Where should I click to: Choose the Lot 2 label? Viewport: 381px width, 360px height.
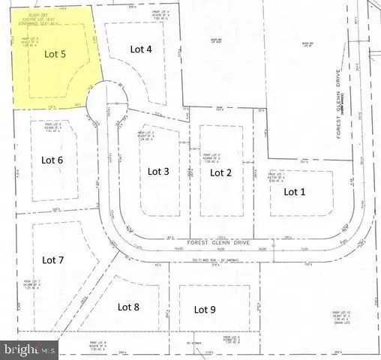point(220,172)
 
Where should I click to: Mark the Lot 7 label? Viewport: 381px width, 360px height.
point(53,260)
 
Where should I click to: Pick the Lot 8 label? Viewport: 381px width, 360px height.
point(129,306)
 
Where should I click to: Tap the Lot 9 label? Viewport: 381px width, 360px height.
point(205,308)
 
